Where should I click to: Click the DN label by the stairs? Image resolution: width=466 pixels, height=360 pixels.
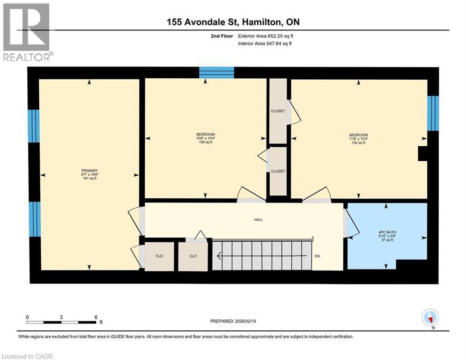(x=317, y=256)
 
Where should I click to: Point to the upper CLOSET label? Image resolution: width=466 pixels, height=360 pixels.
(x=278, y=111)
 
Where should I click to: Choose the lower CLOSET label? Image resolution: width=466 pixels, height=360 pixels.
(x=278, y=171)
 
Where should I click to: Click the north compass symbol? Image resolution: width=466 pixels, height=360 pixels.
(x=429, y=318)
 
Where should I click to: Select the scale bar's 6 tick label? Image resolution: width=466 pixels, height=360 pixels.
(x=96, y=317)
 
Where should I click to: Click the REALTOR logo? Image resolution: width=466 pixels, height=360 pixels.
(x=27, y=32)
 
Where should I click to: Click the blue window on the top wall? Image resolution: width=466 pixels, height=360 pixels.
(x=216, y=73)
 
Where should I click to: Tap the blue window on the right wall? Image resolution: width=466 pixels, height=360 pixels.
(x=433, y=113)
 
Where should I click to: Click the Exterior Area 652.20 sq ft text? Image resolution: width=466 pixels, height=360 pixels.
(x=266, y=36)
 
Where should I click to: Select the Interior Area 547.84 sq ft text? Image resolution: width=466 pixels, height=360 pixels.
(x=265, y=44)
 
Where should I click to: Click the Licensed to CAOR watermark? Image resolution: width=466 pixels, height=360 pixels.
(x=27, y=356)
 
